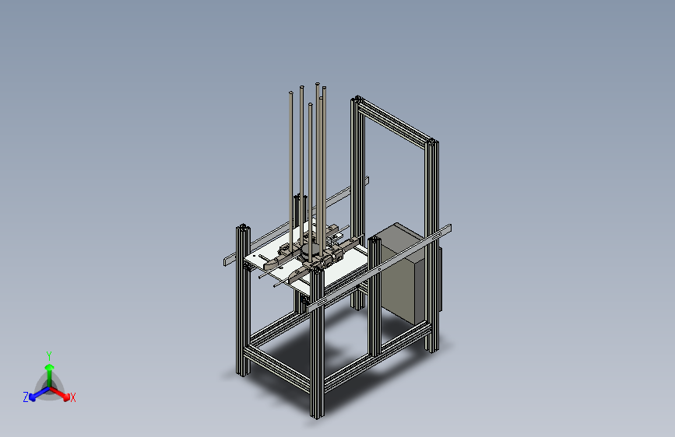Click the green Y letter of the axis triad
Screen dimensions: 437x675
point(48,355)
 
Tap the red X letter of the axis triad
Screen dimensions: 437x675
point(73,397)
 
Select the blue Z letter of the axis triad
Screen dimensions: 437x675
point(26,397)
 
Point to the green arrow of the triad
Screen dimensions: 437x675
point(48,369)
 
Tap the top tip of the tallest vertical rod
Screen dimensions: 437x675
point(317,83)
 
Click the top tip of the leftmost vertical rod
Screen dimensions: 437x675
point(291,93)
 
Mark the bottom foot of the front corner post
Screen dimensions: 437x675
point(317,414)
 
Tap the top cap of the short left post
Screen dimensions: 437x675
point(243,226)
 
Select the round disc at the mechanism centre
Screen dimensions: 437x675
point(310,252)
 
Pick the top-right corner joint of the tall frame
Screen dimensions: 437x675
point(431,142)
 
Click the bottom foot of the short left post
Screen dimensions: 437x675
point(242,372)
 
